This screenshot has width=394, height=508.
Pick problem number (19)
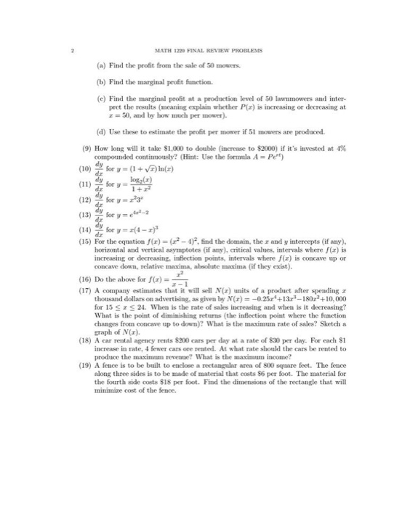pos(84,404)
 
